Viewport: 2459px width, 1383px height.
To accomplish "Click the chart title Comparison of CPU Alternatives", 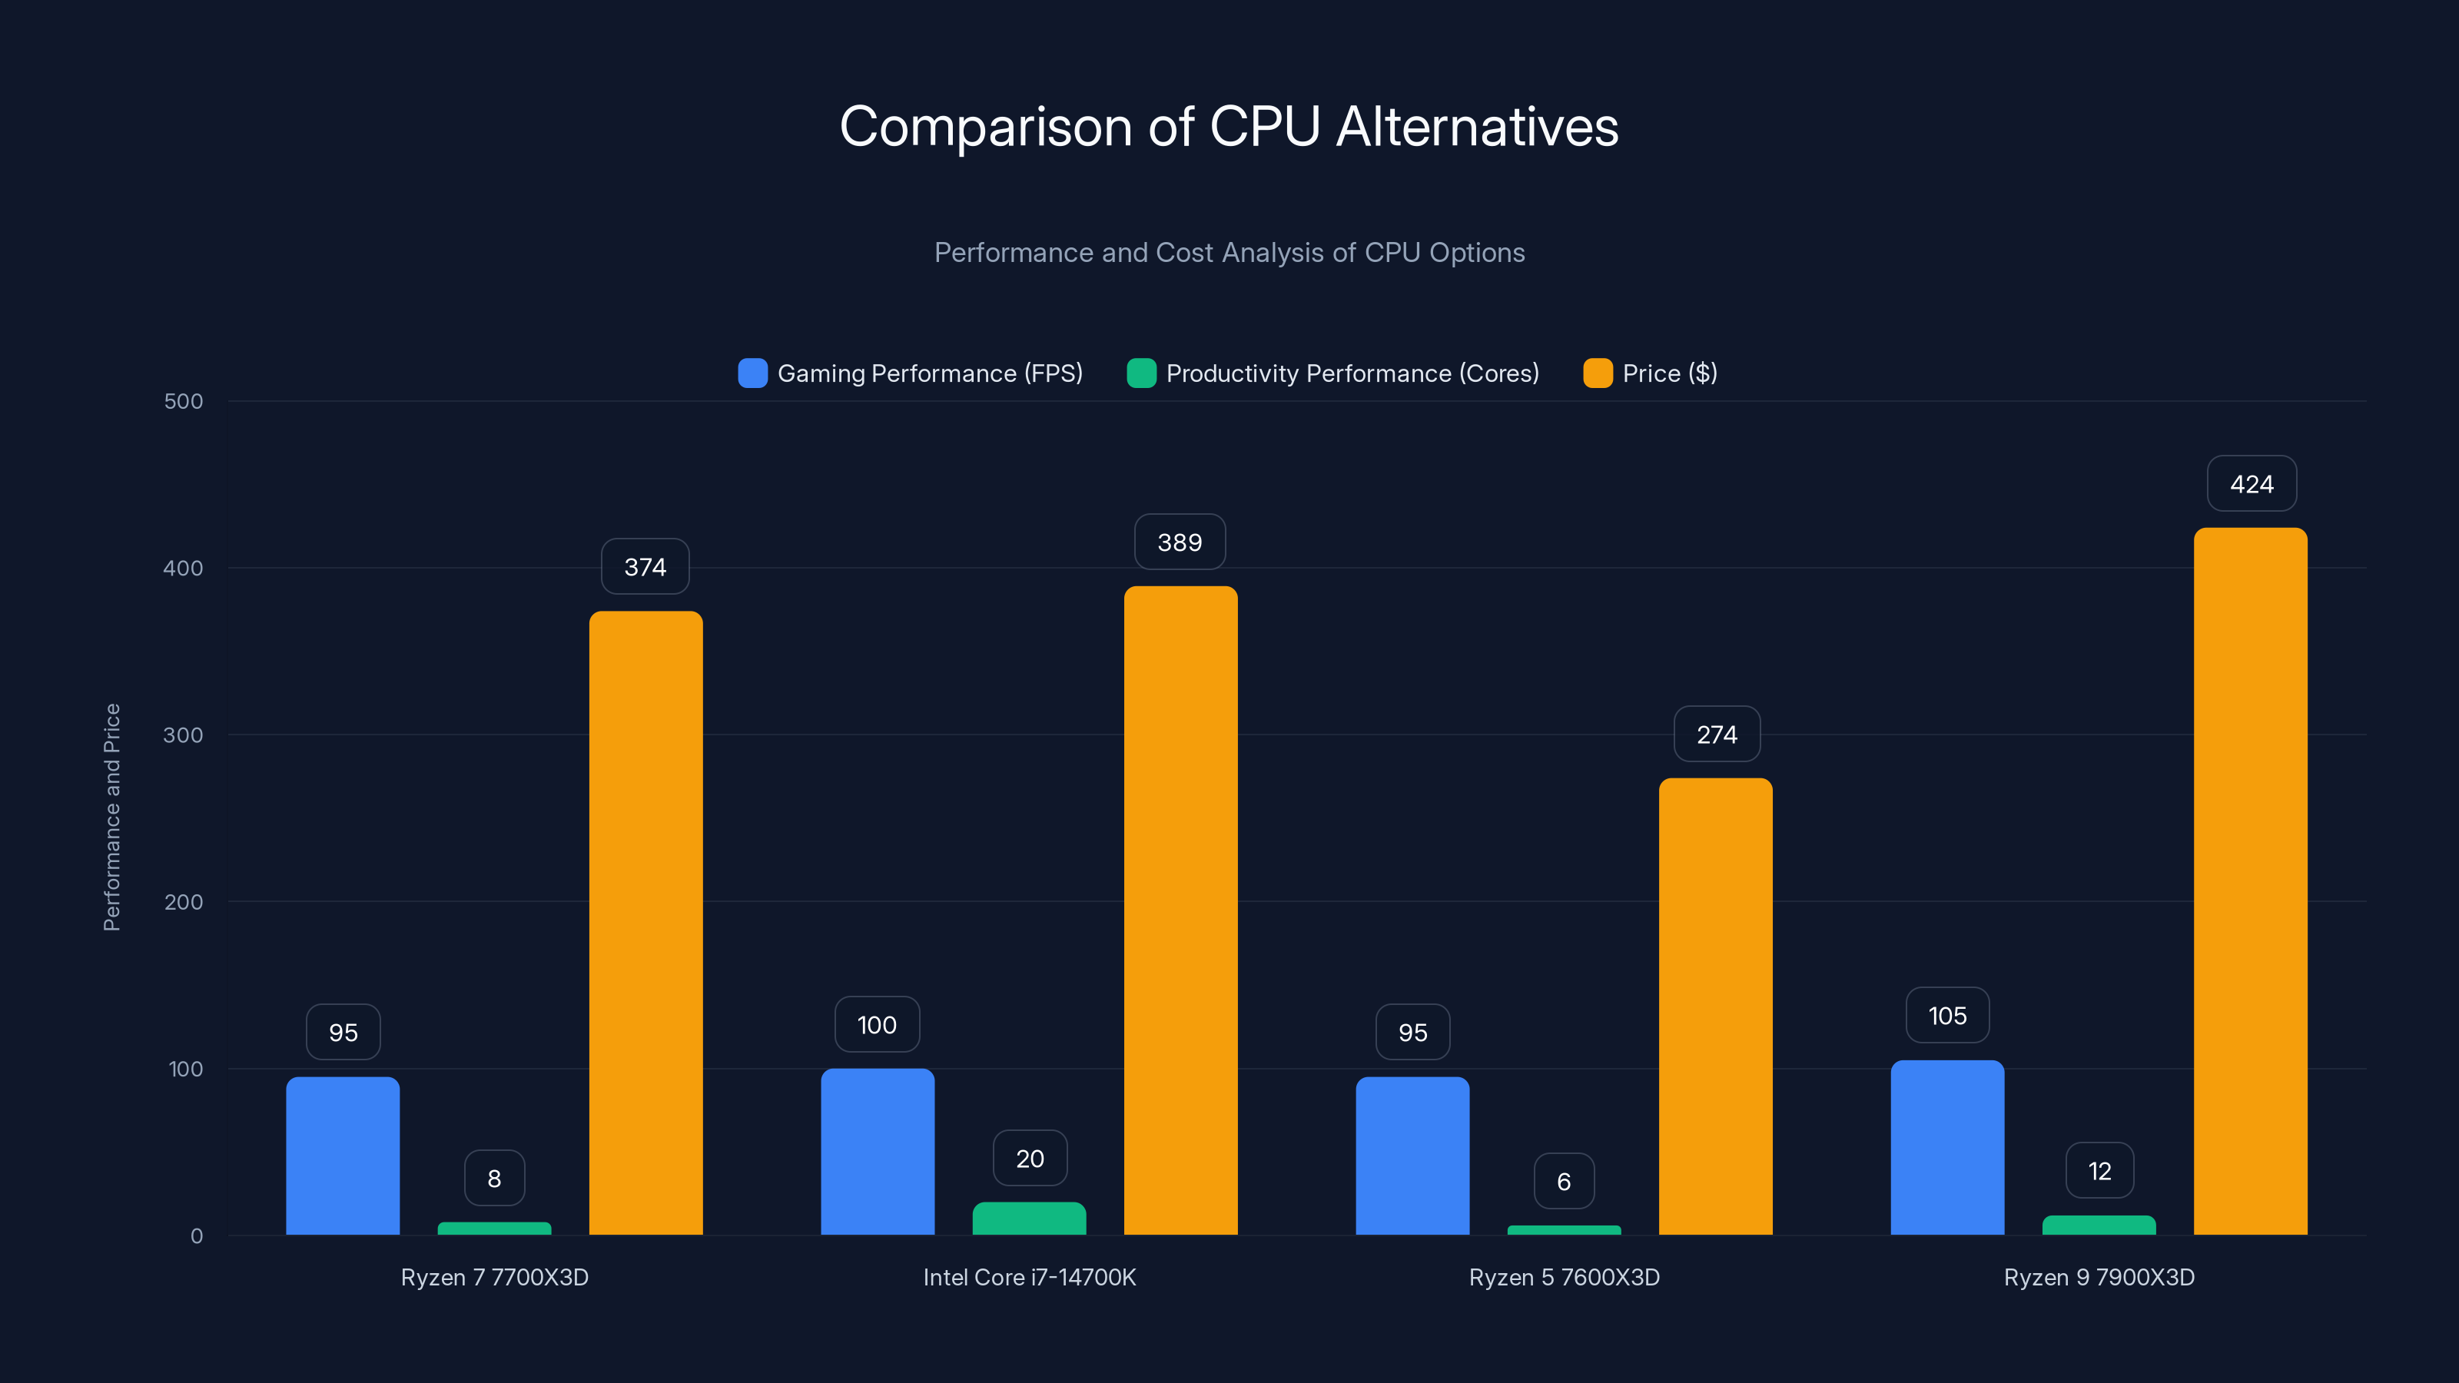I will pyautogui.click(x=1229, y=126).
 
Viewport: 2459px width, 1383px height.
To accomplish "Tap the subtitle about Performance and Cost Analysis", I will pyautogui.click(x=1229, y=252).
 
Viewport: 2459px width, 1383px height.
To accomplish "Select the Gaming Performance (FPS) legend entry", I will pyautogui.click(x=911, y=373).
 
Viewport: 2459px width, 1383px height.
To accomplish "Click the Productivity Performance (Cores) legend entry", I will pyautogui.click(x=1332, y=373).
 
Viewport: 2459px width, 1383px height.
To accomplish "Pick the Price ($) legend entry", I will pyautogui.click(x=1651, y=373).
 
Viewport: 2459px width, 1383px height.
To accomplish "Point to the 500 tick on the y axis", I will pyautogui.click(x=184, y=401).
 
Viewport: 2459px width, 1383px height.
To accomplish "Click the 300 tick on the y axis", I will pyautogui.click(x=184, y=735).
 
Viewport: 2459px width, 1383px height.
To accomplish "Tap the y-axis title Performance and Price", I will pyautogui.click(x=111, y=817).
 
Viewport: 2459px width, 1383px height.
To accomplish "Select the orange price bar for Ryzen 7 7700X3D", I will pyautogui.click(x=645, y=923).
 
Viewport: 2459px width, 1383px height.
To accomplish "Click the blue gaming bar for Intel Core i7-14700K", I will pyautogui.click(x=878, y=1151).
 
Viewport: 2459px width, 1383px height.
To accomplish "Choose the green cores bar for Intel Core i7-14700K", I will pyautogui.click(x=1029, y=1218).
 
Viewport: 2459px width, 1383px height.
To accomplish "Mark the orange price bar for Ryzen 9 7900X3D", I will pyautogui.click(x=2250, y=881).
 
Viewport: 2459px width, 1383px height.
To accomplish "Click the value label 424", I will pyautogui.click(x=2251, y=484).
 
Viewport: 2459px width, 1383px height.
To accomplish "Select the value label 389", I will pyautogui.click(x=1180, y=542).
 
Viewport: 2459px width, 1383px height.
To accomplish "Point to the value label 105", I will pyautogui.click(x=1947, y=1016).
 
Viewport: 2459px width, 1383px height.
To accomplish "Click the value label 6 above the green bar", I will pyautogui.click(x=1564, y=1182).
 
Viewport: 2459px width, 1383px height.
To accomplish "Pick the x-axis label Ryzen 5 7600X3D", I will pyautogui.click(x=1564, y=1277).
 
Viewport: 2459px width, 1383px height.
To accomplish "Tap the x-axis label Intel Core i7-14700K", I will pyautogui.click(x=1029, y=1277).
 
